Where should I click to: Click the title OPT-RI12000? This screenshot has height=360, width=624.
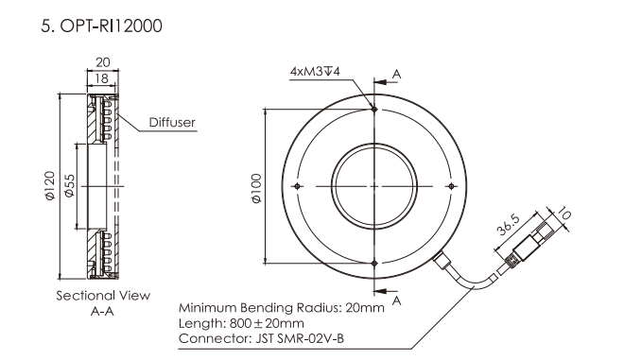[x=111, y=26]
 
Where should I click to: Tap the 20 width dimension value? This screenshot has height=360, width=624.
[x=103, y=62]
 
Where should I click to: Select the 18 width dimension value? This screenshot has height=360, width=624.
[x=102, y=78]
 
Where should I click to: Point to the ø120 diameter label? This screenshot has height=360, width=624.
[x=50, y=185]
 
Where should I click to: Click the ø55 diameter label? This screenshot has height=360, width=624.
[x=69, y=186]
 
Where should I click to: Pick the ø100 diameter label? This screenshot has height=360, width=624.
[x=256, y=188]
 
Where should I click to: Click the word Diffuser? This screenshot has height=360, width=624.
[x=172, y=122]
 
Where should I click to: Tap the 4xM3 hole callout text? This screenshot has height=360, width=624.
[x=315, y=72]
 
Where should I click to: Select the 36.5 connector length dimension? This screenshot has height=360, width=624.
[x=509, y=225]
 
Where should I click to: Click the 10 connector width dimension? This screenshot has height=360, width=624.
[x=563, y=214]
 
